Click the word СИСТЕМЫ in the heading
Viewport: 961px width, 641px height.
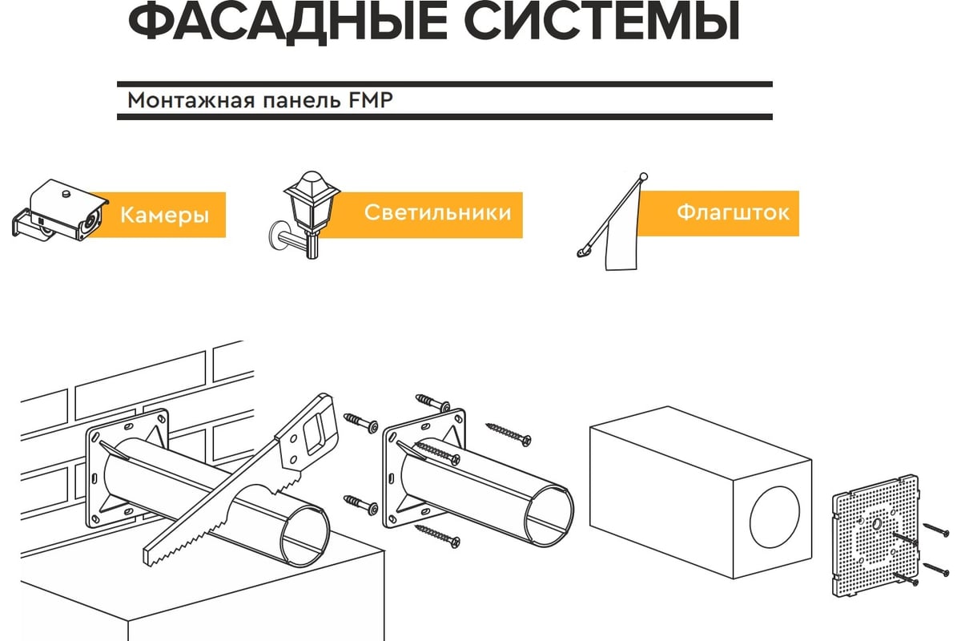coord(601,22)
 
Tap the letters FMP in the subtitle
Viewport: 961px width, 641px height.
coord(371,100)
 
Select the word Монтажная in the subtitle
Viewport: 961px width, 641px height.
coord(191,101)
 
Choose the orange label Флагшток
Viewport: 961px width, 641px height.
coord(718,213)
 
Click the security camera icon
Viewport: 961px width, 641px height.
coord(60,211)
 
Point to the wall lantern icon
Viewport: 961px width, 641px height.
coord(305,215)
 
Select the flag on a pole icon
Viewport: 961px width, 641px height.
coord(613,221)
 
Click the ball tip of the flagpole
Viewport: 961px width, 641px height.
coord(644,176)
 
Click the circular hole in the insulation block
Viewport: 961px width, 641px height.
coord(775,517)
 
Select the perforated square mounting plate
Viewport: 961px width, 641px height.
coord(875,536)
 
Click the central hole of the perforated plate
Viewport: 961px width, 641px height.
coord(876,523)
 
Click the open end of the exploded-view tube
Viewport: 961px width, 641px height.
coord(550,518)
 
